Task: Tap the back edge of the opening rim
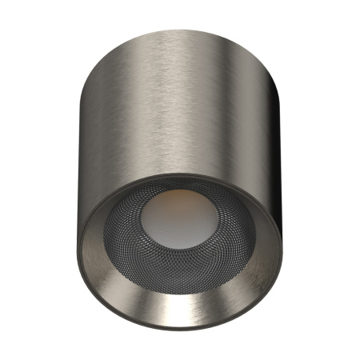click(183, 174)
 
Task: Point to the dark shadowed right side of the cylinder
click(276, 136)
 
